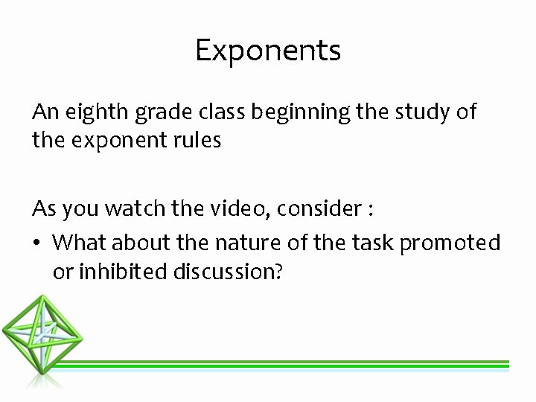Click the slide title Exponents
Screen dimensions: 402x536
click(268, 51)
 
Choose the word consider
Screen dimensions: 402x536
click(319, 210)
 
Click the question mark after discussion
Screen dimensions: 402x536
click(278, 272)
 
